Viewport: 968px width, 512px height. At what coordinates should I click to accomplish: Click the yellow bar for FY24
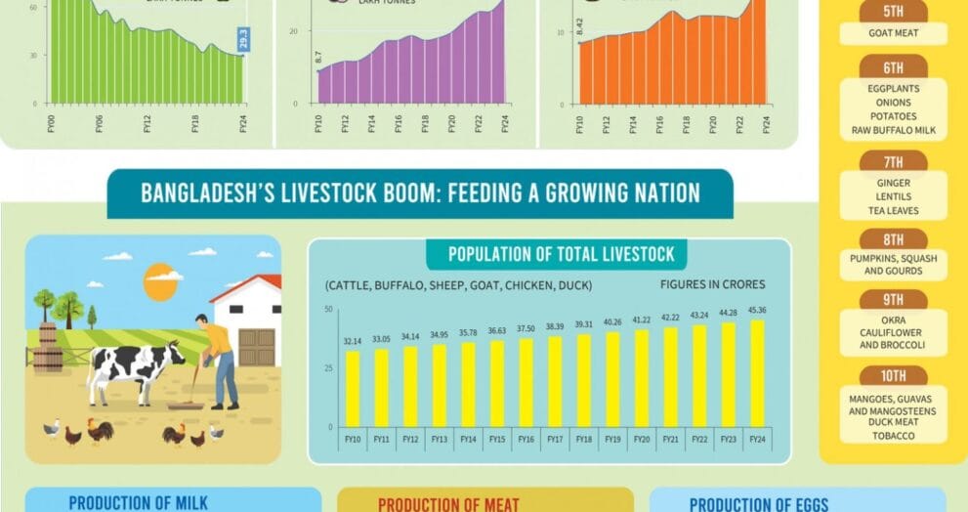point(756,373)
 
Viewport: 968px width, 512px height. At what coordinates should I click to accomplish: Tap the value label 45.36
point(756,312)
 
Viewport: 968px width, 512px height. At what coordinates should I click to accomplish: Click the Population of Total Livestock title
point(561,255)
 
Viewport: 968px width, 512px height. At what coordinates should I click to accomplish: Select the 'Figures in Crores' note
point(713,284)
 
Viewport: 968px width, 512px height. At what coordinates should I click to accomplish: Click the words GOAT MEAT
point(894,32)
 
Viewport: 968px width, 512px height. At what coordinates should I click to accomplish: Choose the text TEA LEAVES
point(894,210)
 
